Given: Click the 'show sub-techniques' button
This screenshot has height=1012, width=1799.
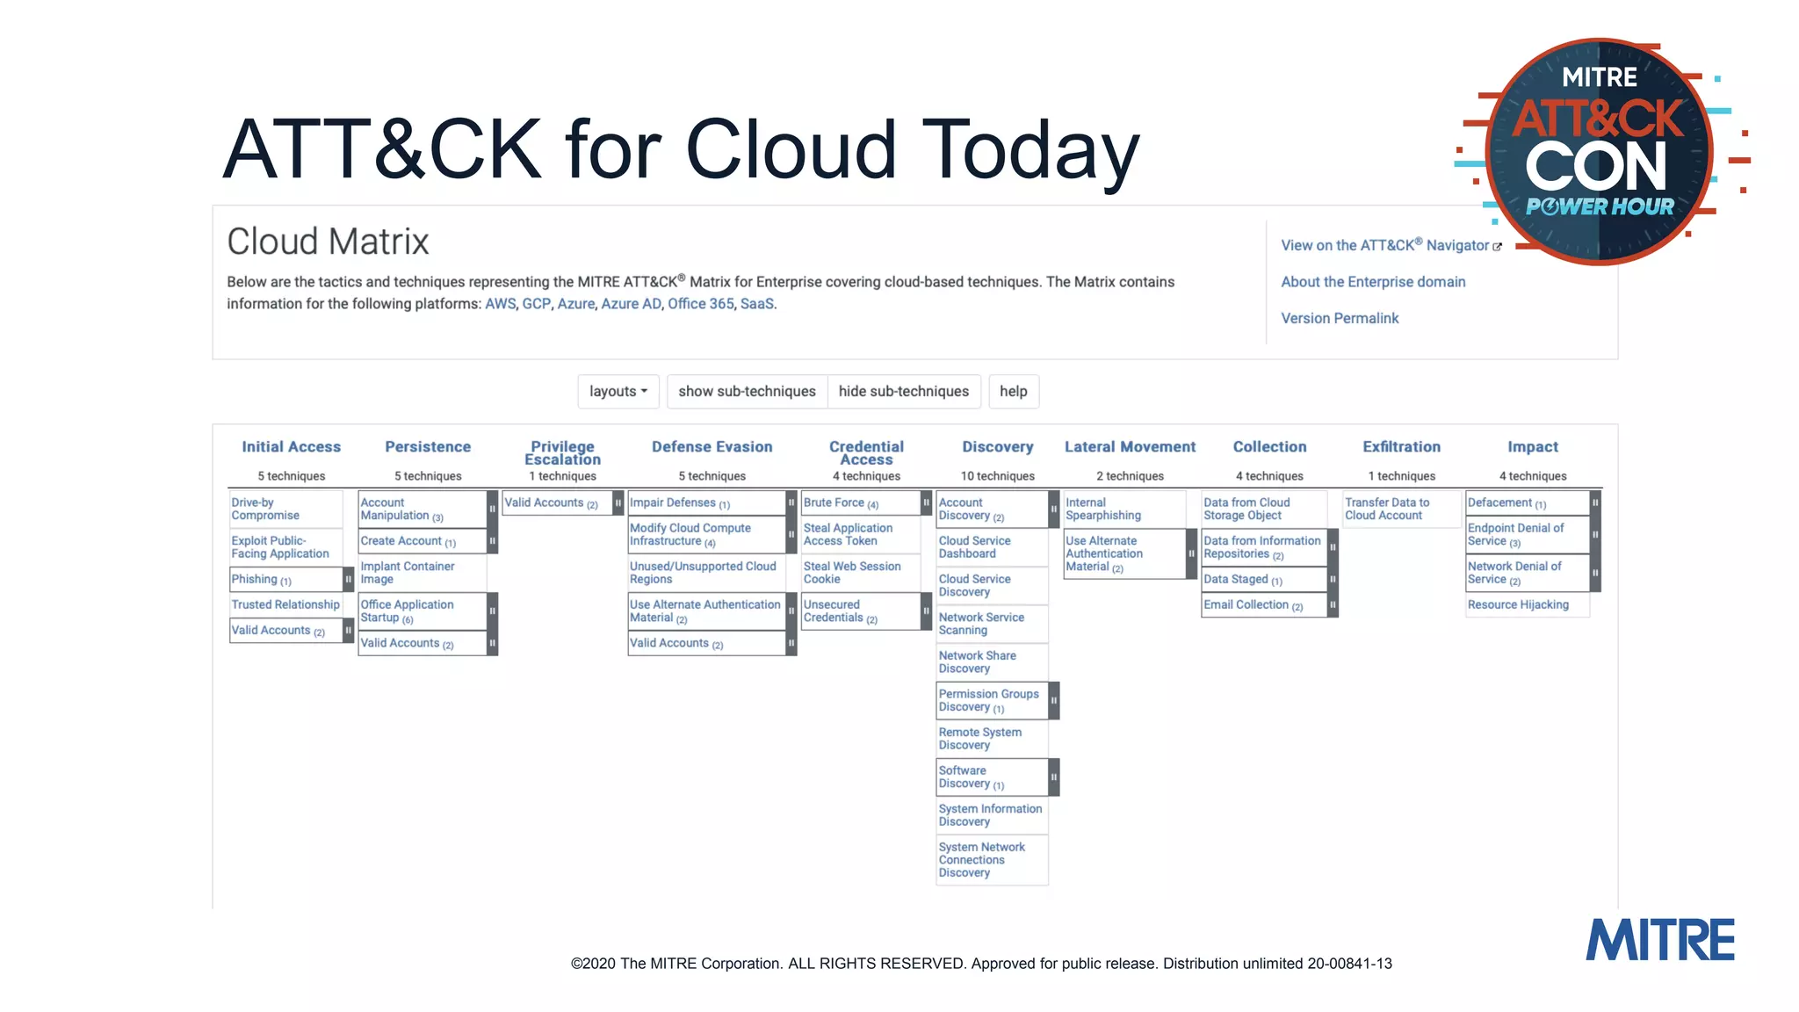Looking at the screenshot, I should [747, 392].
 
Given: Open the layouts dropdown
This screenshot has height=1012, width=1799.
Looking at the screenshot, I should [618, 392].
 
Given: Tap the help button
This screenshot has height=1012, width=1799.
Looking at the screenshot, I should [1013, 392].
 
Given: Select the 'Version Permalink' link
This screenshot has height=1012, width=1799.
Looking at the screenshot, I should [1339, 318].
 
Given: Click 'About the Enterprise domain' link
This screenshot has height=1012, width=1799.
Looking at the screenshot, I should [1372, 282].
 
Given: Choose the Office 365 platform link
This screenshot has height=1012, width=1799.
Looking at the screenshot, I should [700, 304].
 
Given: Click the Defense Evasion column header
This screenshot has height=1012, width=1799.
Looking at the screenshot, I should [712, 447].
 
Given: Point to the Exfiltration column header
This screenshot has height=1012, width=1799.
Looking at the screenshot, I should [1401, 447].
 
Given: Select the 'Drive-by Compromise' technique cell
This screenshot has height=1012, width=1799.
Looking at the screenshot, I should [265, 509].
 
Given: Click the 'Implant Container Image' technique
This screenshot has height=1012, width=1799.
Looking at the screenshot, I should [407, 573].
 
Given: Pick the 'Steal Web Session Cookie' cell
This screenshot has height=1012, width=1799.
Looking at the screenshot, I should [851, 573].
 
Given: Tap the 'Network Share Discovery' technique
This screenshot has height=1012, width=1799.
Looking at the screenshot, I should [977, 661].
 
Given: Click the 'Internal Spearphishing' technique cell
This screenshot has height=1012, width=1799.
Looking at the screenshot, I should [1102, 509].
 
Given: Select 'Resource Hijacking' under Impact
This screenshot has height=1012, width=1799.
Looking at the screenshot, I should [1517, 604].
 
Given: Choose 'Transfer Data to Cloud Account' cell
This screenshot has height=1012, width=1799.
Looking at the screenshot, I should [1386, 509].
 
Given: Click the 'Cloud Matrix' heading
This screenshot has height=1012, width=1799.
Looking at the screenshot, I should [328, 242].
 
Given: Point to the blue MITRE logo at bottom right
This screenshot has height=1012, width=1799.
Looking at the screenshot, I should [1659, 940].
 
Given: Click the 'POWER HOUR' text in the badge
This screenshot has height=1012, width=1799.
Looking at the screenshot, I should [1600, 207].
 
